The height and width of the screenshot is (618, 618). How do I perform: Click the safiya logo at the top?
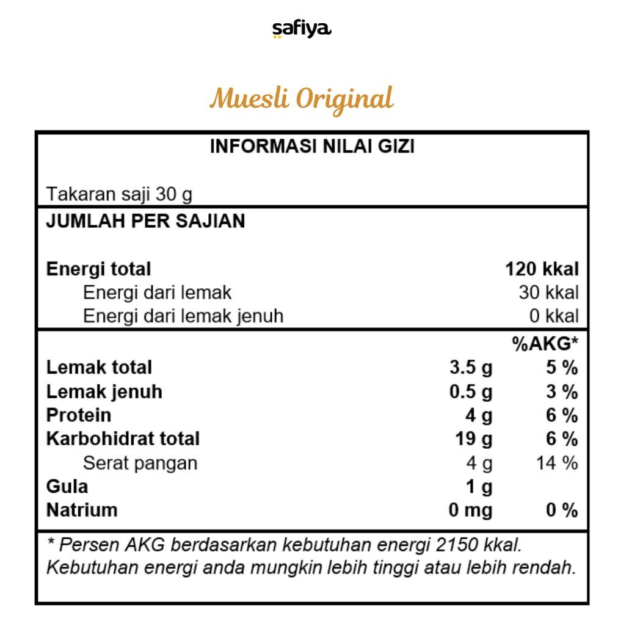[x=302, y=29]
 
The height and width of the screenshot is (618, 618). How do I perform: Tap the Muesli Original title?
[x=301, y=98]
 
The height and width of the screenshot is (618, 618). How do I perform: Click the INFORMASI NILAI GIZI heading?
[x=312, y=147]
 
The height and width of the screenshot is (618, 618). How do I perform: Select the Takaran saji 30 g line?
[x=119, y=194]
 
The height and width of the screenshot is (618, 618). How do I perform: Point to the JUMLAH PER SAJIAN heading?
[x=145, y=221]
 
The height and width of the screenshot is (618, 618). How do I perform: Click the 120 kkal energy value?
[x=542, y=269]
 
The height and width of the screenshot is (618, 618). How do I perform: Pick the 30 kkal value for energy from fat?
[x=548, y=293]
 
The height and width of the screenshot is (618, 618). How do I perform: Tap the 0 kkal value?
[x=554, y=316]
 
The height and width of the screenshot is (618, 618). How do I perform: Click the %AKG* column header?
[x=545, y=344]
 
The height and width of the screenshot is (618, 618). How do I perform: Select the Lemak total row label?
[x=99, y=368]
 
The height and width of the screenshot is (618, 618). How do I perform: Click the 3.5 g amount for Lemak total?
[x=470, y=368]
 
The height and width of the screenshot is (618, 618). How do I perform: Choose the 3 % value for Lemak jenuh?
[x=561, y=391]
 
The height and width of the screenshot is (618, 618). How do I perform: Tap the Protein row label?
[x=79, y=415]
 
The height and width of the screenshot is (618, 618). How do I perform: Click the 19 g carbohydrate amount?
[x=473, y=439]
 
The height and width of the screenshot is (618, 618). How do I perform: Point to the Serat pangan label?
[x=140, y=463]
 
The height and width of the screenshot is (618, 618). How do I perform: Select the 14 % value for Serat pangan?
[x=557, y=463]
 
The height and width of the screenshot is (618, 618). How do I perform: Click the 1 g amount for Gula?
[x=479, y=487]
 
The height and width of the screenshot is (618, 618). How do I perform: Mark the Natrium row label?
[x=82, y=510]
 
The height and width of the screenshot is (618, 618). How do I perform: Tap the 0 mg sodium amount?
[x=470, y=510]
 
